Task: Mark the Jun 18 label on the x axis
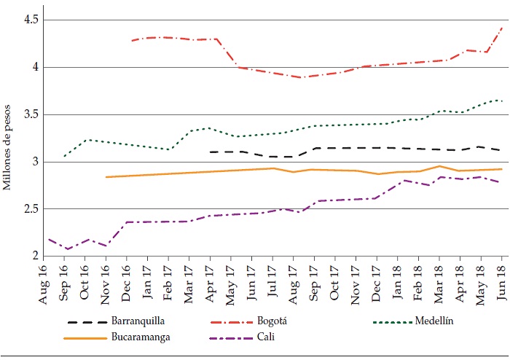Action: point(502,277)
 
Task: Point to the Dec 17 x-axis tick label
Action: point(377,277)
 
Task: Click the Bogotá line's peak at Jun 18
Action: point(503,27)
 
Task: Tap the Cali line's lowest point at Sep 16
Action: point(67,249)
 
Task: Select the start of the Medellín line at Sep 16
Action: point(64,156)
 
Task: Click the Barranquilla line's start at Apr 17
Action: point(210,152)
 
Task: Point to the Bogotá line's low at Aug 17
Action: point(295,77)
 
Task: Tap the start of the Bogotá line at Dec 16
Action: point(131,41)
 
